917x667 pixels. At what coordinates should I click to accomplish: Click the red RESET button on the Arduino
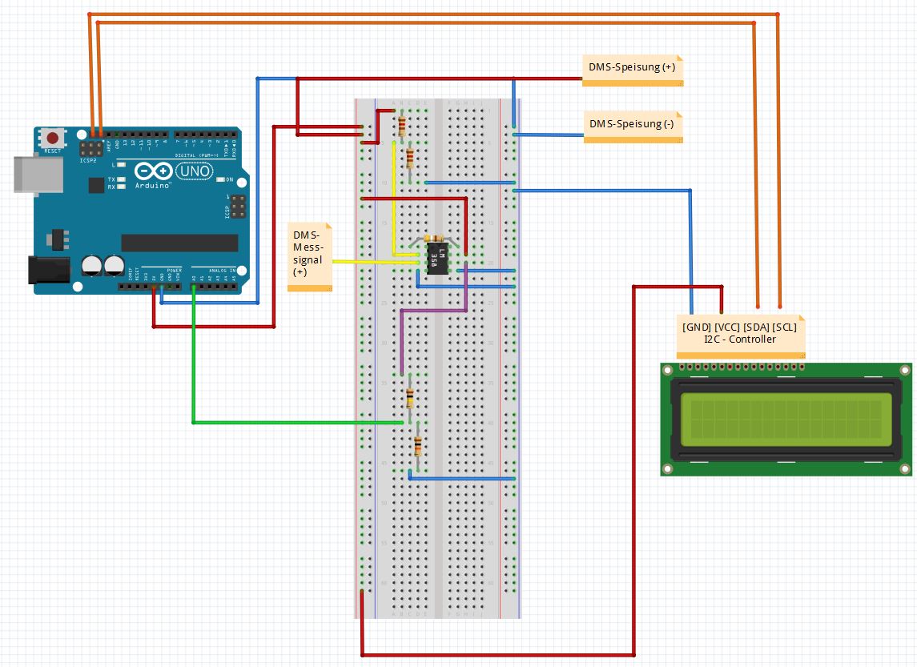point(53,138)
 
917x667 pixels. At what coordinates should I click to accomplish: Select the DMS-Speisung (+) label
point(632,69)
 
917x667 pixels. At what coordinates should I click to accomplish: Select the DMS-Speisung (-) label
point(632,124)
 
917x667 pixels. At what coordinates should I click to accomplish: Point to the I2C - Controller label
point(739,339)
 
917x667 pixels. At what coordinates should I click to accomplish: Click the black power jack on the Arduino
point(47,270)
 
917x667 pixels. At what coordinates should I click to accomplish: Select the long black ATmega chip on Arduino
point(179,243)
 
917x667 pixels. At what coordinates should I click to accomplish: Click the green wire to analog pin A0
point(193,360)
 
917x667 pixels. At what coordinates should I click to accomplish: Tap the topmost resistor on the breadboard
point(401,125)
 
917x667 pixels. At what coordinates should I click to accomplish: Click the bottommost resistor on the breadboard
point(417,446)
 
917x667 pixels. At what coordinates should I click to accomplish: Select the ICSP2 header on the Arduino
point(95,148)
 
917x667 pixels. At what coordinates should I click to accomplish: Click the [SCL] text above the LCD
point(784,327)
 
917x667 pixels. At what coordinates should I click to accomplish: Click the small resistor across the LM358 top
point(435,239)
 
